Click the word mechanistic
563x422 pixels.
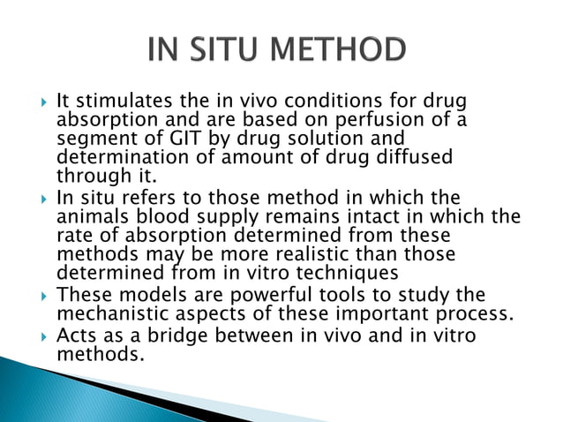116,313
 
